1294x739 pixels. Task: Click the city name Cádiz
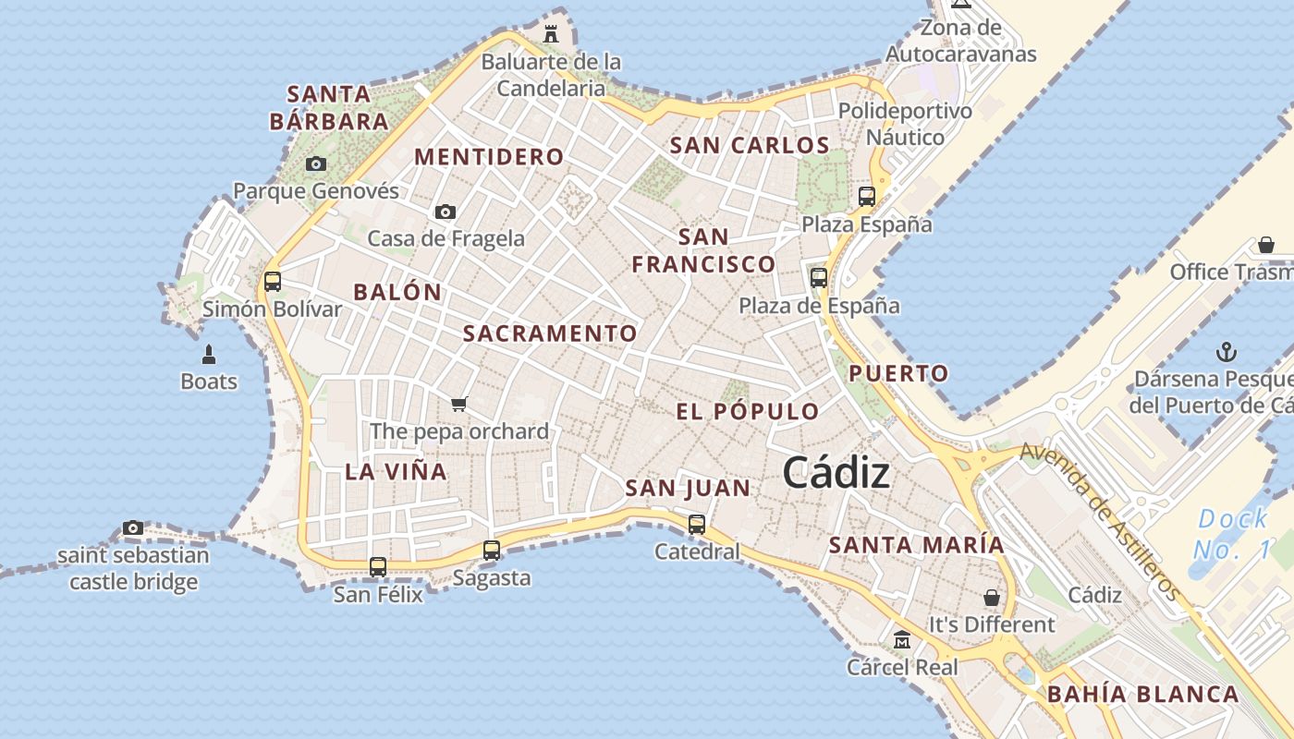point(836,473)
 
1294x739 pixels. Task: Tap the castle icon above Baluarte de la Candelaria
point(552,34)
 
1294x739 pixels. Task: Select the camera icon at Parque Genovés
point(316,164)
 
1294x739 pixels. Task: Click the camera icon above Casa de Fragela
point(446,212)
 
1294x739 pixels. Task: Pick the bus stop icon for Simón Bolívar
point(273,281)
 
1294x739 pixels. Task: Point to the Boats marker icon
point(209,355)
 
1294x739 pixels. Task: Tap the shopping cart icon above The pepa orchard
point(459,404)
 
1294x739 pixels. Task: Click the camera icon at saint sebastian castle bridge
point(133,528)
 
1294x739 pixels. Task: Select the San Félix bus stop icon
point(378,566)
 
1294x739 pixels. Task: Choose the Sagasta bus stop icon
point(492,551)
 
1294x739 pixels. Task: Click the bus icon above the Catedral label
point(697,524)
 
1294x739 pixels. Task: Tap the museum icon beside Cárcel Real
point(902,639)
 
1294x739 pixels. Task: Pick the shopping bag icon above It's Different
point(992,598)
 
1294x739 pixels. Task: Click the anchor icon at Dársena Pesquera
point(1226,352)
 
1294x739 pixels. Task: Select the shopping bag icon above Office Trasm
point(1266,245)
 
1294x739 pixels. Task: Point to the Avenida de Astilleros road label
point(1100,522)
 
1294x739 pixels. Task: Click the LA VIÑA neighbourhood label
point(396,471)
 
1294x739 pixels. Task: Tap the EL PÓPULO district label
point(748,411)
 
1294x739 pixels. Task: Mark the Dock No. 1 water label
point(1232,534)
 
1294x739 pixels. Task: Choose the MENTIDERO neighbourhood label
point(489,156)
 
